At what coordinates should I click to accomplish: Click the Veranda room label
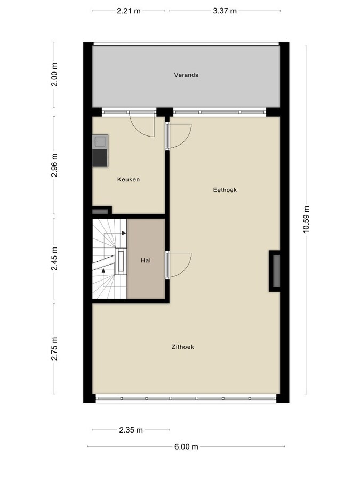click(186, 75)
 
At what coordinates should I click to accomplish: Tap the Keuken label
click(129, 180)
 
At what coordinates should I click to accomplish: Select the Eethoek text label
click(225, 189)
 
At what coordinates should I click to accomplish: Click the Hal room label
click(146, 260)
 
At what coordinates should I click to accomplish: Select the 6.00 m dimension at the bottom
click(187, 447)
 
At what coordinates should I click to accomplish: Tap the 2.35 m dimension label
click(131, 430)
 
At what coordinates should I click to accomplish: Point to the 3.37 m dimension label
click(225, 11)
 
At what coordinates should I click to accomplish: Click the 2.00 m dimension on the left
click(54, 74)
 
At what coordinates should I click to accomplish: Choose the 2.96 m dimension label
click(54, 166)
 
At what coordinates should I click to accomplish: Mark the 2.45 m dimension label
click(54, 260)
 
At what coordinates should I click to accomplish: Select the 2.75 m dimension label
click(54, 349)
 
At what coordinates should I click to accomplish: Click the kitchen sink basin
click(100, 142)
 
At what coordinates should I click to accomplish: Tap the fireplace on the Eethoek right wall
click(275, 270)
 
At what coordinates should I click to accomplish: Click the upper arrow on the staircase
click(123, 233)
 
